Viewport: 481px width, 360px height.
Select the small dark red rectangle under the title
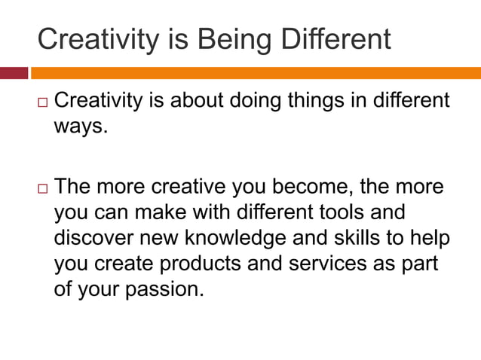pos(14,73)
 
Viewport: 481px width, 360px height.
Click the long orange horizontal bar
pos(256,73)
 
